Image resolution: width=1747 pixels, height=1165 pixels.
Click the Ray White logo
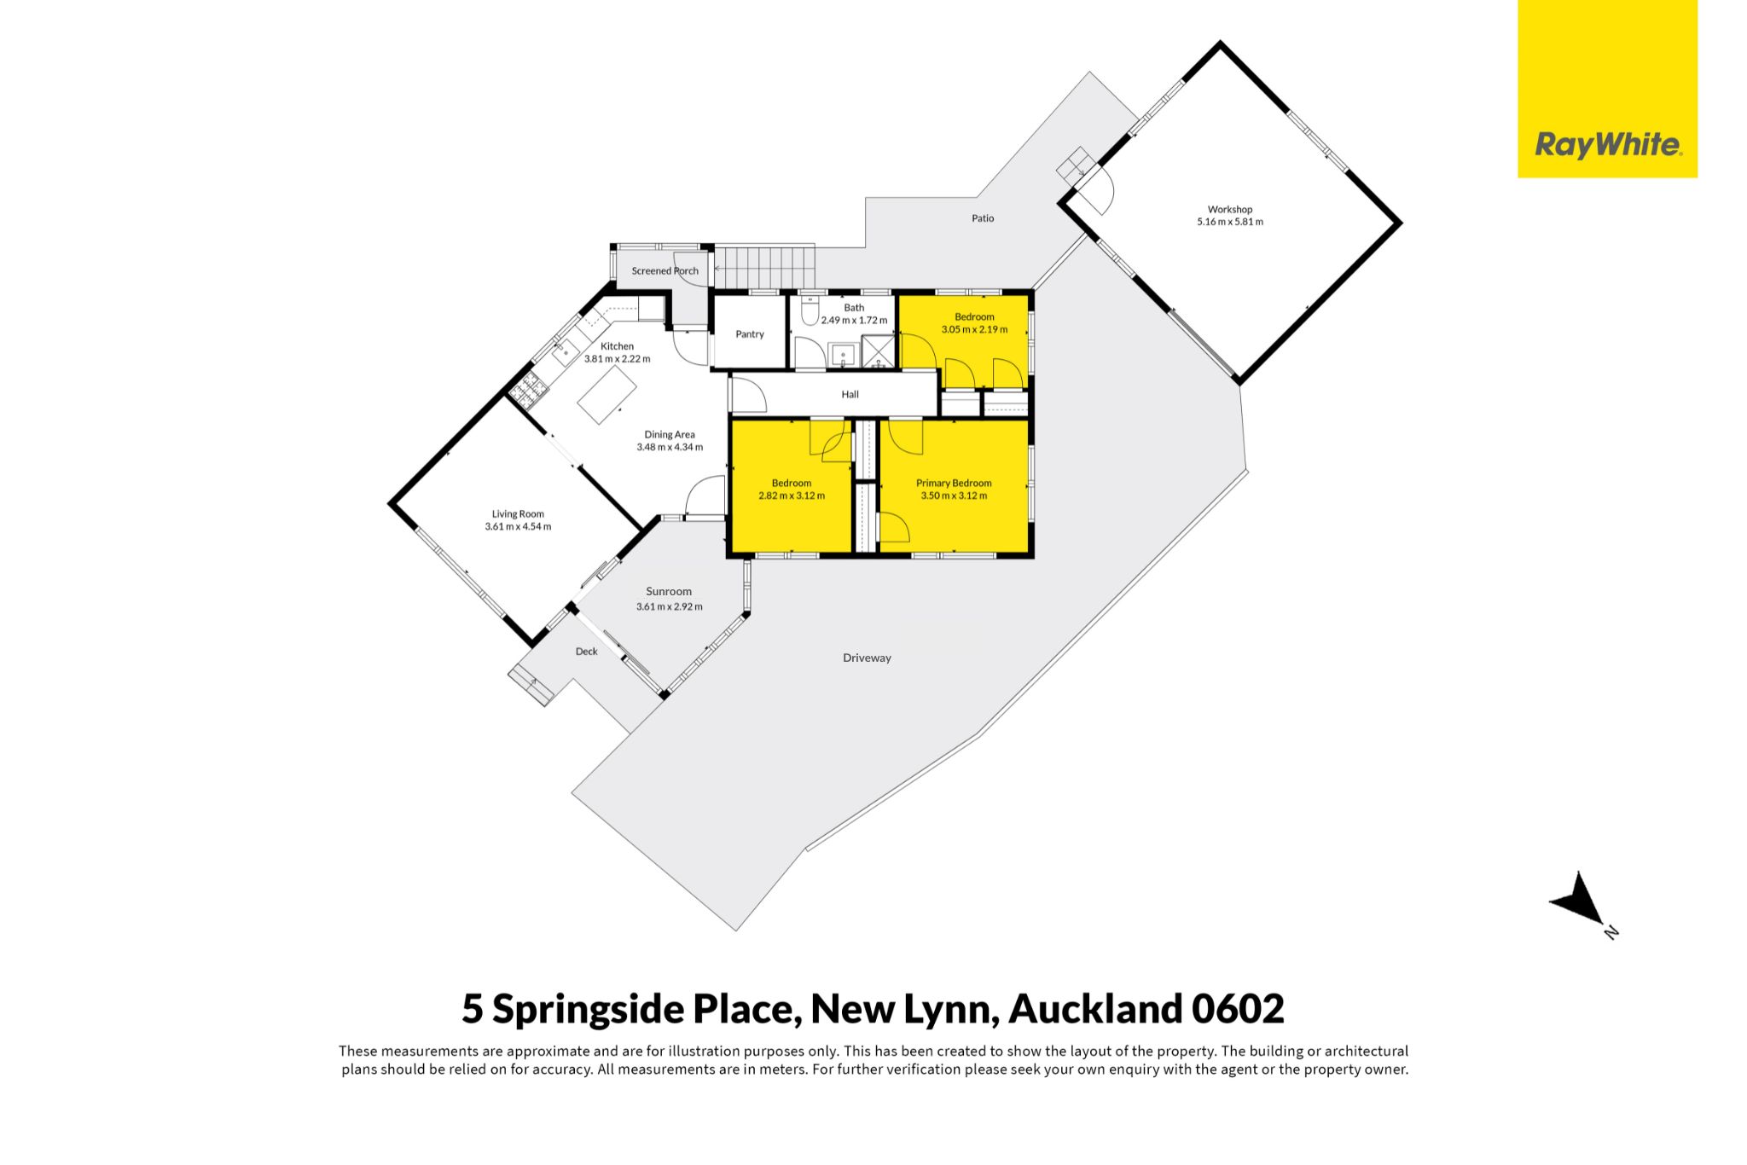[1607, 89]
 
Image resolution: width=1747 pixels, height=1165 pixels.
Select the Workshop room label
[1229, 209]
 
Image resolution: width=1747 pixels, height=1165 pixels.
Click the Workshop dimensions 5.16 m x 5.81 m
[1230, 222]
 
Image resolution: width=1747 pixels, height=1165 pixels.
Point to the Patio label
[983, 218]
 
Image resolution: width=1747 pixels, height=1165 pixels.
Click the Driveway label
[867, 658]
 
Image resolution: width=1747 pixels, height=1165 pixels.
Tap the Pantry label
[750, 334]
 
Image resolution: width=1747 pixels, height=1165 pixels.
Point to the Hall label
[850, 395]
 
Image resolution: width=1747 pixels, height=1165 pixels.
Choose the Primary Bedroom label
[954, 483]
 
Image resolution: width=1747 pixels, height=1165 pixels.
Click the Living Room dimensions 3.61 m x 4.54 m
[518, 526]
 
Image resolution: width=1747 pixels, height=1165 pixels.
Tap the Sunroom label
[669, 592]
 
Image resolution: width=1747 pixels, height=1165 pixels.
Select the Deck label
[587, 652]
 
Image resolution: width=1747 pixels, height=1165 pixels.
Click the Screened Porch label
[665, 271]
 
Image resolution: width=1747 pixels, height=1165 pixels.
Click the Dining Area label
[670, 435]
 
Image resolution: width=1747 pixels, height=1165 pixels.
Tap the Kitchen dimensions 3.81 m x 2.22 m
[618, 359]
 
